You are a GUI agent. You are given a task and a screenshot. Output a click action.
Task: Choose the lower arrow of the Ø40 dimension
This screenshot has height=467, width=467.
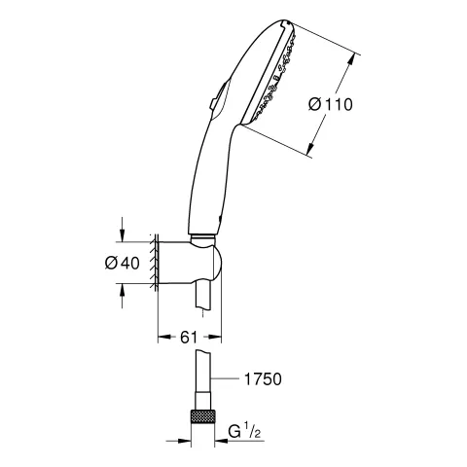(123, 290)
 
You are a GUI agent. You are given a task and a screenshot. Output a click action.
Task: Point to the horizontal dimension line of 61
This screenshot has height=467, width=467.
(191, 346)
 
